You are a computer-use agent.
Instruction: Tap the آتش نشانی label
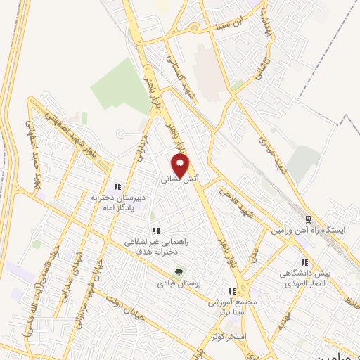tap(180, 180)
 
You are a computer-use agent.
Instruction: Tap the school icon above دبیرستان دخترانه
tap(118, 186)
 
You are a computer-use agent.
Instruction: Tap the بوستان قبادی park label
tap(179, 285)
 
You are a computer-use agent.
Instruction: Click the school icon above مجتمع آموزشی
tap(232, 292)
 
